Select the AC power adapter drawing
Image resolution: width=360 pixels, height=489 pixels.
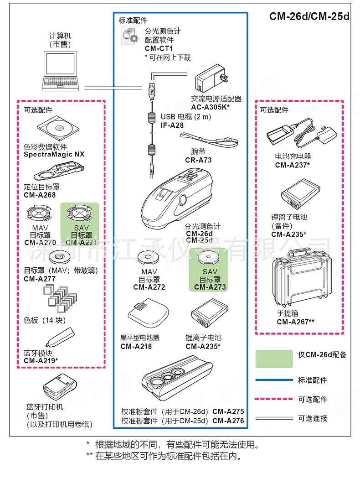[x=211, y=80]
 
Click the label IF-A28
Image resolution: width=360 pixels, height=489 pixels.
[x=172, y=125]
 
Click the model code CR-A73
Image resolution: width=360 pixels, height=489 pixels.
[x=198, y=160]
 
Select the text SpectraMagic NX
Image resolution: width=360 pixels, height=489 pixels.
[x=54, y=154]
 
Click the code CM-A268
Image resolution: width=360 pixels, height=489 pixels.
[x=40, y=195]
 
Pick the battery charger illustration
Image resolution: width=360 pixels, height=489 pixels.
[x=301, y=133]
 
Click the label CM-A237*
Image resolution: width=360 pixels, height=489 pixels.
[x=293, y=165]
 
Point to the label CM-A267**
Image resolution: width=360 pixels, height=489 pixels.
[x=296, y=322]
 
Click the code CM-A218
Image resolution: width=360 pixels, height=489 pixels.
[x=136, y=346]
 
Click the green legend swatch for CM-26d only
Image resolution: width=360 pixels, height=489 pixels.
[x=274, y=359]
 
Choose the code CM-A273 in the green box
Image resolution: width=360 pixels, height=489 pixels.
[x=210, y=287]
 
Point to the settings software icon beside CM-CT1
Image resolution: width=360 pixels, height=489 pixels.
[x=129, y=36]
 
